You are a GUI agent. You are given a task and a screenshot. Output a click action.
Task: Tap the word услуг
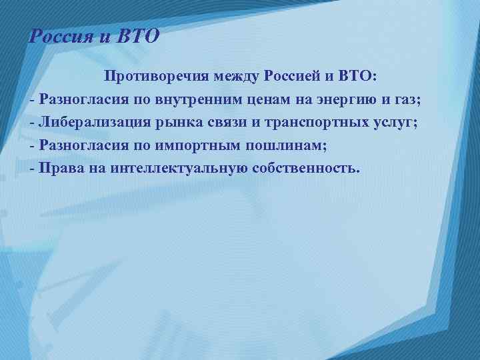click(390, 123)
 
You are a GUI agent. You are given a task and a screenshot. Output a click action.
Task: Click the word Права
click(59, 167)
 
